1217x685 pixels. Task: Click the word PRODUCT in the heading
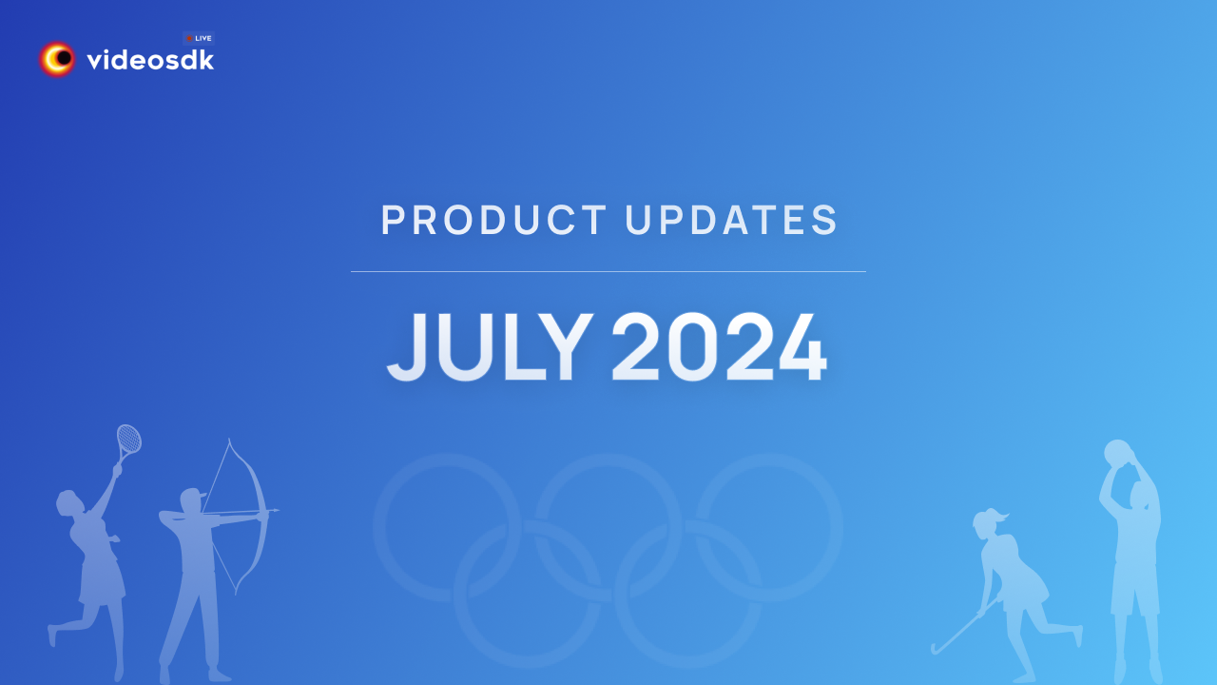click(493, 221)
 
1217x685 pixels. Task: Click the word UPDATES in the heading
click(732, 221)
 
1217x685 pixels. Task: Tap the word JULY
click(489, 347)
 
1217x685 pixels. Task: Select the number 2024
click(718, 347)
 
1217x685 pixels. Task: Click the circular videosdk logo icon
click(58, 60)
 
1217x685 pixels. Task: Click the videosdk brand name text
click(150, 61)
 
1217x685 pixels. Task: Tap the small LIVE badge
click(199, 38)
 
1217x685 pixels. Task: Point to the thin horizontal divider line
click(608, 272)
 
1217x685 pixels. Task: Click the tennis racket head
click(128, 440)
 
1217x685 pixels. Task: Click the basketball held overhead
click(1118, 452)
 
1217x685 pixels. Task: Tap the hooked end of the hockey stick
click(937, 650)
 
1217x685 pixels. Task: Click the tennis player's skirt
click(101, 579)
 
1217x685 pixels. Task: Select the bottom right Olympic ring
click(687, 595)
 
